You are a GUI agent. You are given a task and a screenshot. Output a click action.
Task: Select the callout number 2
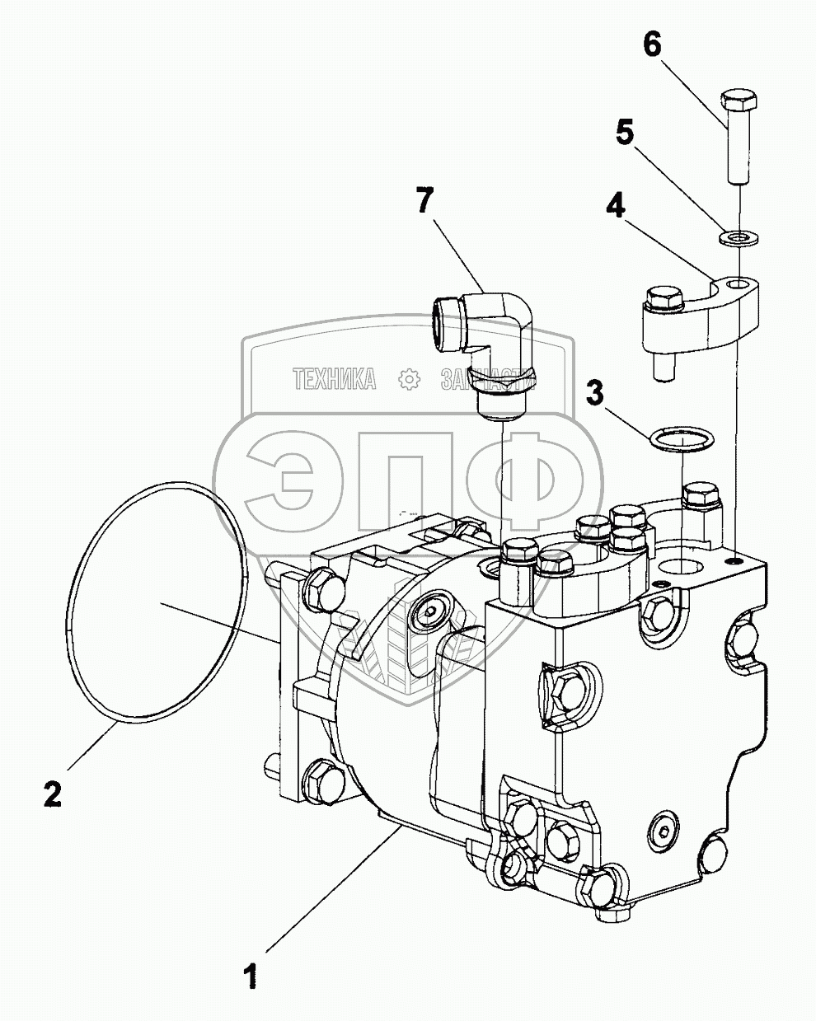51,794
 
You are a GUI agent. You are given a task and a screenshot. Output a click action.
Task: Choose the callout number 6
651,45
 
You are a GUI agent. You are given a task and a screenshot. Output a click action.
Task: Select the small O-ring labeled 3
681,438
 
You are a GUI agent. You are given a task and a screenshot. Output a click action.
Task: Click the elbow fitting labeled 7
495,321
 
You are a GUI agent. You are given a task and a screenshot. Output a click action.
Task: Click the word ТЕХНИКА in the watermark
335,378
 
